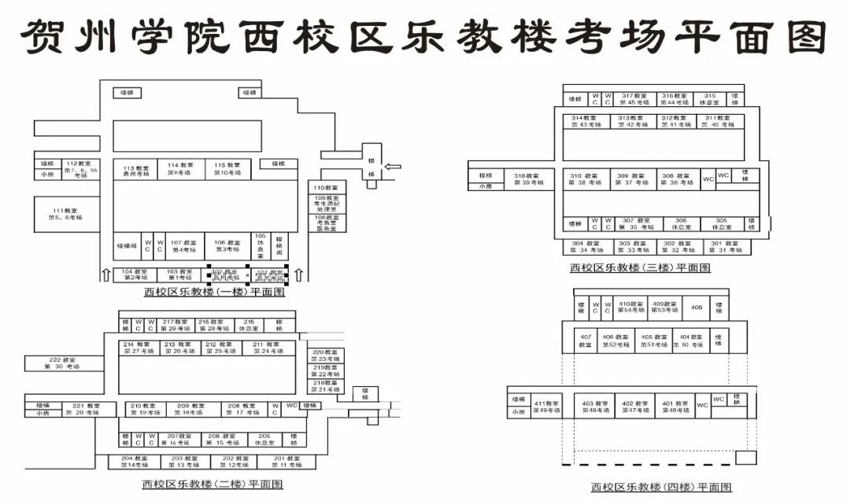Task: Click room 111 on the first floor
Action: click(66, 214)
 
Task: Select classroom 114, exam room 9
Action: click(180, 169)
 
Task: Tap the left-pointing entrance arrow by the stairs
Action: click(394, 167)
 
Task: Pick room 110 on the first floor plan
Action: click(325, 188)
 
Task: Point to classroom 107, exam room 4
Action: click(182, 245)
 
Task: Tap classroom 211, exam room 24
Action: click(268, 348)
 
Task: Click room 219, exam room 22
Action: click(324, 370)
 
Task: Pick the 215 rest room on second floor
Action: click(249, 325)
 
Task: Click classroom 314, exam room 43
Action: click(585, 121)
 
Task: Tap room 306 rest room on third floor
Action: click(681, 224)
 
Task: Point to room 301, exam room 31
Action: click(726, 247)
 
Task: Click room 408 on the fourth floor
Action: click(697, 308)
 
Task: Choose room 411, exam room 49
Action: click(545, 407)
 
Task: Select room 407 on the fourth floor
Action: click(585, 341)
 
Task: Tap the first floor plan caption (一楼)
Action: click(213, 293)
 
